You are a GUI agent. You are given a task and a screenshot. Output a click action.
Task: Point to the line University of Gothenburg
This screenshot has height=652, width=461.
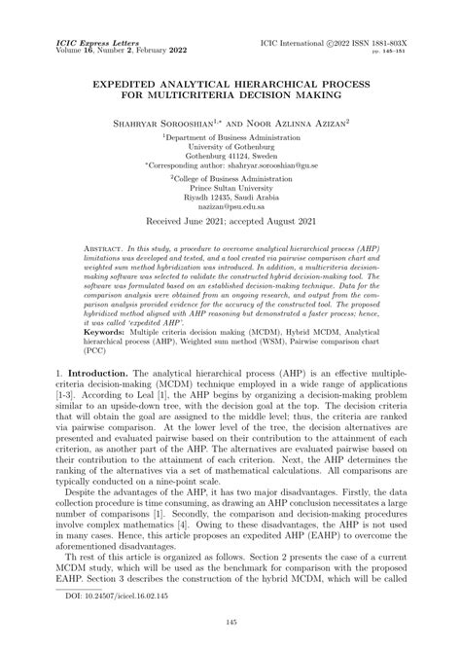[x=230, y=148]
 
